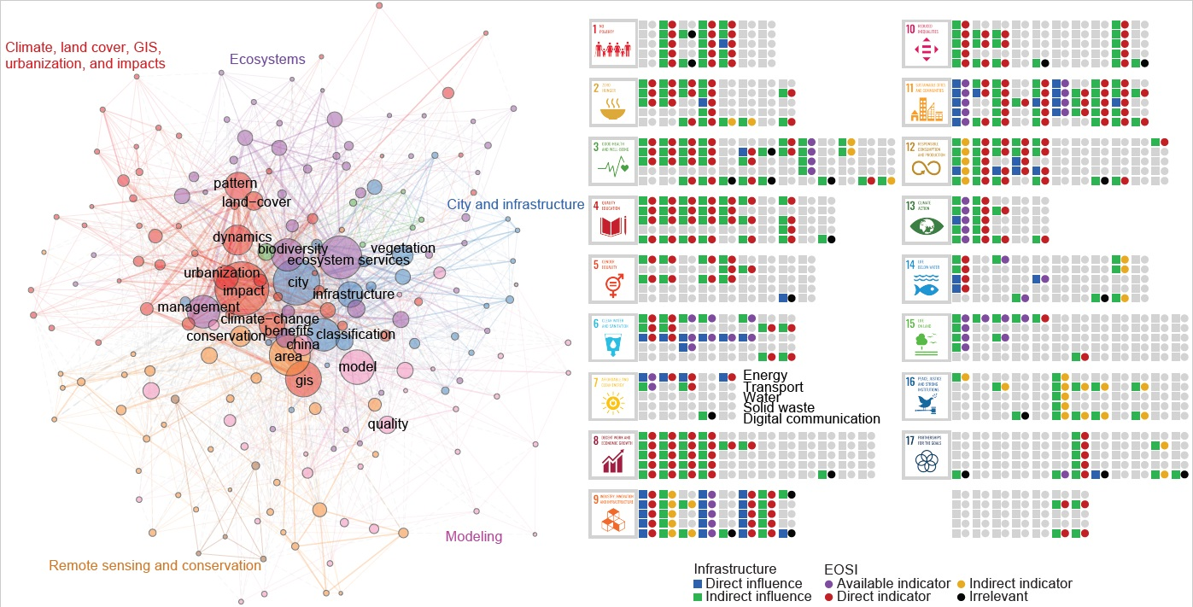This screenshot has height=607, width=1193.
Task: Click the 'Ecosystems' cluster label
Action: [x=267, y=60]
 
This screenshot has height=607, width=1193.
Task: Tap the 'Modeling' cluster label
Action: [x=474, y=537]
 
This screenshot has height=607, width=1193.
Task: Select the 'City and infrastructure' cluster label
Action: [x=515, y=205]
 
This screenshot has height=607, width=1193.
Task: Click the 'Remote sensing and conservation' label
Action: [x=155, y=565]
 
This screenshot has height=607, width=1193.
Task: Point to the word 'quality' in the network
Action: [x=388, y=423]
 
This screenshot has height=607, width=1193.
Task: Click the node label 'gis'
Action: [x=304, y=380]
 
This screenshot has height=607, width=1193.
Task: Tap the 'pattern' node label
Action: [x=235, y=184]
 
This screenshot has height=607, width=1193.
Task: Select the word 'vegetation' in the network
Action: [x=403, y=248]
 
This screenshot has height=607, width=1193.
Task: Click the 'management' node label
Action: [x=186, y=306]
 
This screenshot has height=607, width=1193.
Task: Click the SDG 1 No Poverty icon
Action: [x=614, y=44]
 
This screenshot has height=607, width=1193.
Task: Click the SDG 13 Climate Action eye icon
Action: [x=927, y=220]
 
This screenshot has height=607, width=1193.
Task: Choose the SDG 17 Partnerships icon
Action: [x=927, y=456]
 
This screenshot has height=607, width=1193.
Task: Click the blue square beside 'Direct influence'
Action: [x=698, y=584]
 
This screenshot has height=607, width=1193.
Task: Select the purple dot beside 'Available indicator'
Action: [x=829, y=584]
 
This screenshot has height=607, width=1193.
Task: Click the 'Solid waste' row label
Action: [x=779, y=408]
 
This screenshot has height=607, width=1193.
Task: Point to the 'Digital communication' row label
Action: [x=811, y=419]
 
